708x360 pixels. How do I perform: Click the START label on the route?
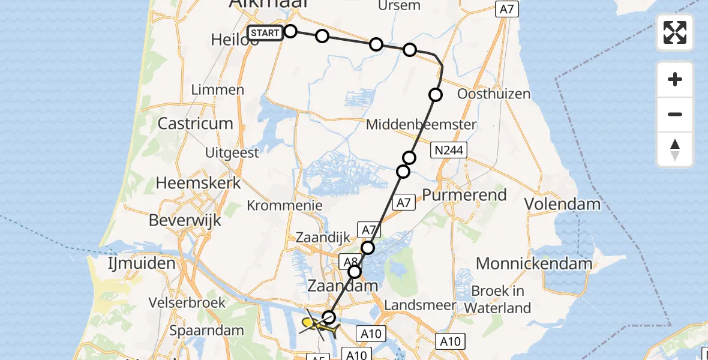(x=265, y=33)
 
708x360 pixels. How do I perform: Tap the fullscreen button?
(x=675, y=32)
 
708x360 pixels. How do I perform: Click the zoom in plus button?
(x=675, y=79)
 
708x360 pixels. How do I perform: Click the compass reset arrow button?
(x=675, y=149)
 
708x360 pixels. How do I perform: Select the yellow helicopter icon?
(x=317, y=325)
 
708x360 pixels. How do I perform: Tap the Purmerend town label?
(x=464, y=195)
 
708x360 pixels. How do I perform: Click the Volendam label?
(x=562, y=204)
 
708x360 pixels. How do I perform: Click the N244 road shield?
(x=448, y=150)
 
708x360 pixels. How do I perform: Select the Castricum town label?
(x=195, y=124)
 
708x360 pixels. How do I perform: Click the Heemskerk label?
(x=198, y=182)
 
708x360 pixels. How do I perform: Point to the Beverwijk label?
(x=184, y=220)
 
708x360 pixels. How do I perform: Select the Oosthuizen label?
(x=494, y=94)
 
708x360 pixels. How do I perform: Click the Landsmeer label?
(x=420, y=305)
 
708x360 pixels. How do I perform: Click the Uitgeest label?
(x=232, y=152)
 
